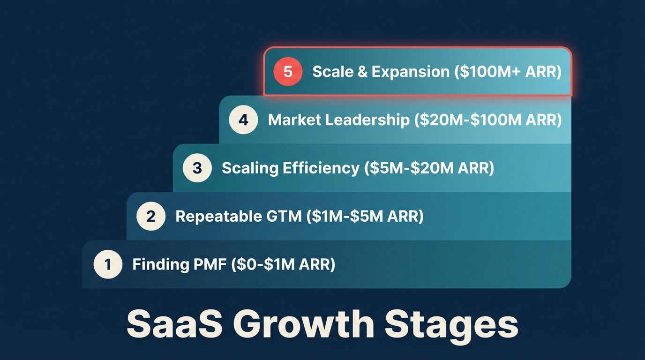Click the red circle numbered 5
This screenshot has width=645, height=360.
pos(288,71)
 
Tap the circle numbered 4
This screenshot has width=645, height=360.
pos(243,120)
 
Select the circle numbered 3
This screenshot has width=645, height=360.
pos(197,168)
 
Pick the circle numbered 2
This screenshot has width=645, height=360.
pos(151,216)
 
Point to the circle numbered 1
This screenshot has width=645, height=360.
pos(108,264)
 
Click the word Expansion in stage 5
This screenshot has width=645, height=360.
pos(411,72)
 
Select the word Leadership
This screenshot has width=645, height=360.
pos(367,120)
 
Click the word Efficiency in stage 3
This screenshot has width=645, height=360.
pos(321,168)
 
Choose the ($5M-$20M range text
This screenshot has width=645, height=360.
pos(409,168)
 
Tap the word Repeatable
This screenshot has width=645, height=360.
pos(218,217)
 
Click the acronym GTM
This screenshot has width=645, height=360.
pos(284,216)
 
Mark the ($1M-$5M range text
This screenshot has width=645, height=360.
pos(345,216)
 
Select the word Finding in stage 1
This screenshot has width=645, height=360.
pos(161,264)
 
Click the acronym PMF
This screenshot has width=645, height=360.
pos(210,264)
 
